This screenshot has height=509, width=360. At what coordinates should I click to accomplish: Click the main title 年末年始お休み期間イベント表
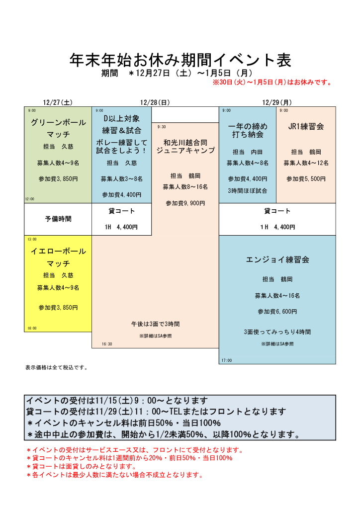(180, 60)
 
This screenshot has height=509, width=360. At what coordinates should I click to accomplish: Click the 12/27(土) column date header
(58, 102)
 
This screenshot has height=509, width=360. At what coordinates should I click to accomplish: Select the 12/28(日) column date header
(155, 102)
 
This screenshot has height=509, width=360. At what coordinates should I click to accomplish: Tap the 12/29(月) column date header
(277, 102)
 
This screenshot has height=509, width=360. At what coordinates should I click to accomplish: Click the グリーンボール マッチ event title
(58, 128)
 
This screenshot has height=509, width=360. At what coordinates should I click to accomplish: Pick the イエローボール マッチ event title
(58, 257)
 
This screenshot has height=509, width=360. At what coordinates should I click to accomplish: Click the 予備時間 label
(58, 218)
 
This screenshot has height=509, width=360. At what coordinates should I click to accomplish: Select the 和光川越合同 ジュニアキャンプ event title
(185, 146)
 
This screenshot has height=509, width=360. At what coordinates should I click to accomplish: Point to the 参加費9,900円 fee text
(185, 203)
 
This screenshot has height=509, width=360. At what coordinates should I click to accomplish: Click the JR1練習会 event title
(306, 127)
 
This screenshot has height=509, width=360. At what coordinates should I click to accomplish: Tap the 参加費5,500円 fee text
(306, 178)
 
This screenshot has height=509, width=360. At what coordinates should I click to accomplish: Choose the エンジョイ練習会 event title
(277, 259)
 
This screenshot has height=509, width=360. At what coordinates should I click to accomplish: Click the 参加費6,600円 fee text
(277, 312)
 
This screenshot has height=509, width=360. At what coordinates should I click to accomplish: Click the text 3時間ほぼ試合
(248, 190)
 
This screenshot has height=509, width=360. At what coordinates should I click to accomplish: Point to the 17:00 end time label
(226, 360)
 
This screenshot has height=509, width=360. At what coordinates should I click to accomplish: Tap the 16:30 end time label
(107, 344)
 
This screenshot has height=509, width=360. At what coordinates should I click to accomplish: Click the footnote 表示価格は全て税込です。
(56, 368)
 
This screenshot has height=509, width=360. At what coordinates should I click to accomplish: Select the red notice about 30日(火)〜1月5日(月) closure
(272, 83)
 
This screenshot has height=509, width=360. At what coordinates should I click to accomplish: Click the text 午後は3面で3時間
(156, 324)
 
